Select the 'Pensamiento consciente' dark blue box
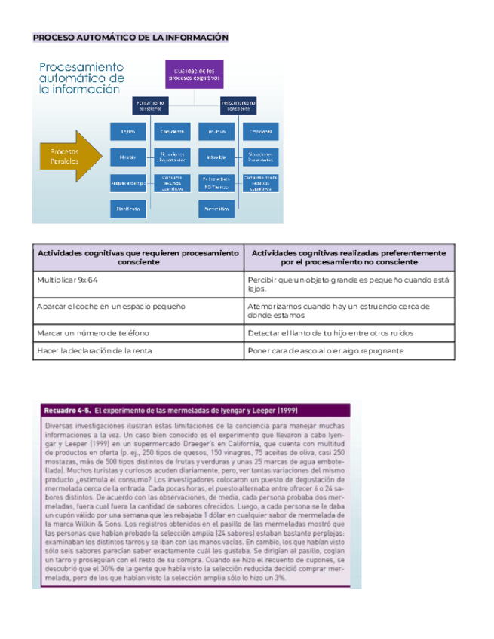click(x=151, y=105)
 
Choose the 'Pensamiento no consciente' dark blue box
click(x=238, y=105)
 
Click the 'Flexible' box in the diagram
click(x=128, y=157)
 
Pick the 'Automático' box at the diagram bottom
click(x=216, y=208)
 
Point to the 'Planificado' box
click(x=128, y=208)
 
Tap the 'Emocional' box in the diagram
click(x=260, y=132)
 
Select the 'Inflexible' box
click(x=216, y=157)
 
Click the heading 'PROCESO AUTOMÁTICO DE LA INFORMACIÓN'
click(x=130, y=38)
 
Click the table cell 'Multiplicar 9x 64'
click(x=68, y=280)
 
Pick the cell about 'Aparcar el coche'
click(x=111, y=307)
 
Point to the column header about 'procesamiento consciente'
click(x=138, y=258)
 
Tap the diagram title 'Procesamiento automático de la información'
click(x=81, y=78)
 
